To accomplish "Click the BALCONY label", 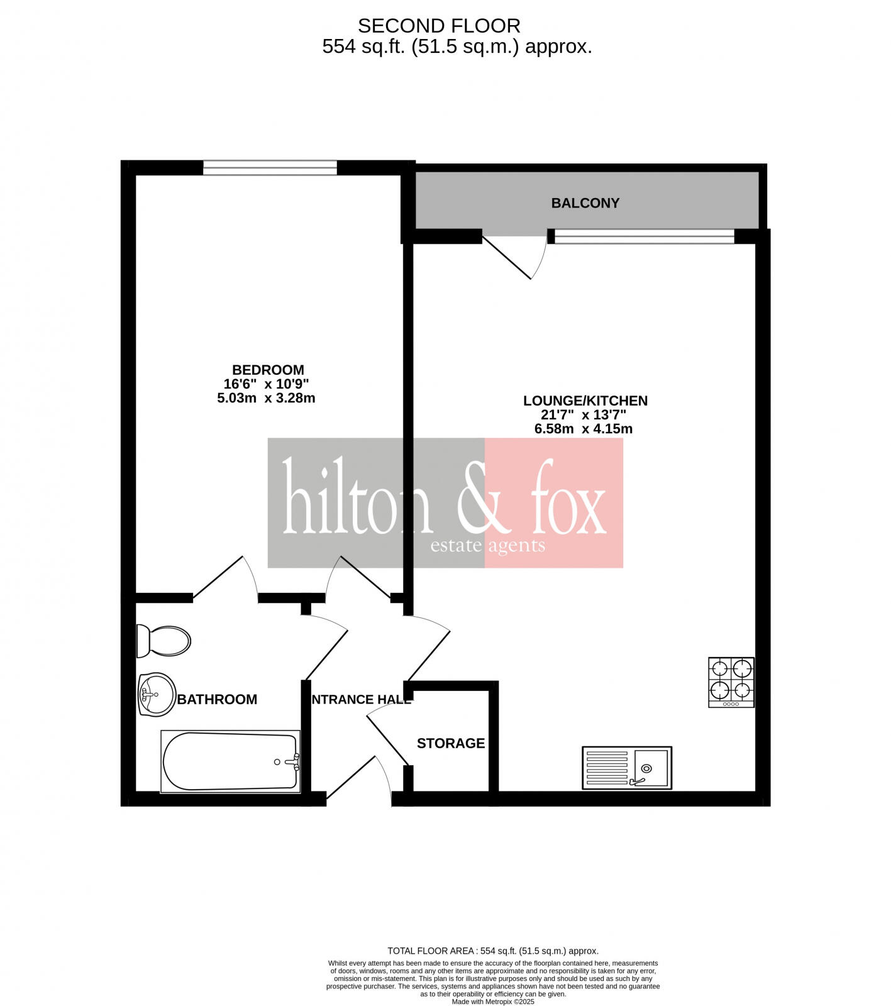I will click(x=585, y=203).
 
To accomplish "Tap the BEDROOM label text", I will click(x=268, y=370).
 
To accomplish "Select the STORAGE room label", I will click(x=451, y=743).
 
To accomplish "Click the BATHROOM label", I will click(x=217, y=699).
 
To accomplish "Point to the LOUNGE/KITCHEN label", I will click(x=585, y=401).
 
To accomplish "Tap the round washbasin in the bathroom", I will click(x=157, y=695).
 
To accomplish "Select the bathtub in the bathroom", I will click(x=231, y=761).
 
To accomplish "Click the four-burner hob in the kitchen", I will click(x=731, y=682).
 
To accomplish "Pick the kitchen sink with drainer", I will click(x=627, y=768).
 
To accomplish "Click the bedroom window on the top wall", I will click(x=270, y=167).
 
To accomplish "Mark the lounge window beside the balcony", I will click(x=644, y=236).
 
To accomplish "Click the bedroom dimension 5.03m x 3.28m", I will click(x=266, y=398).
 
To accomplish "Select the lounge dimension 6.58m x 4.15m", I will click(x=583, y=429).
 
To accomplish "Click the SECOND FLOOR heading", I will click(x=439, y=26).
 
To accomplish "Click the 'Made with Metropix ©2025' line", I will click(x=493, y=1002).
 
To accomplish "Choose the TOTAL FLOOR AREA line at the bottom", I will click(x=493, y=951).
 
